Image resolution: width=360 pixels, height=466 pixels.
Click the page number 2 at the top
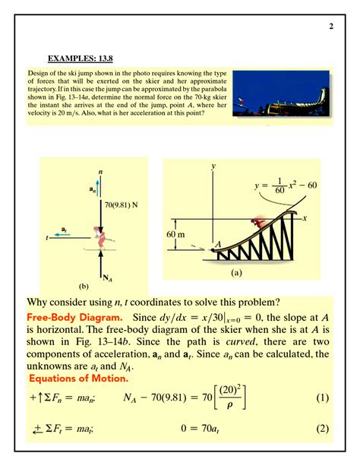coord(331,28)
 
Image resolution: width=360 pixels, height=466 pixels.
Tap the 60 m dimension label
coord(175,233)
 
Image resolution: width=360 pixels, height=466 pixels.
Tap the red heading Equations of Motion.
coord(78,378)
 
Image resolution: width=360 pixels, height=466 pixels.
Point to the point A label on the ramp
coord(218,244)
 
